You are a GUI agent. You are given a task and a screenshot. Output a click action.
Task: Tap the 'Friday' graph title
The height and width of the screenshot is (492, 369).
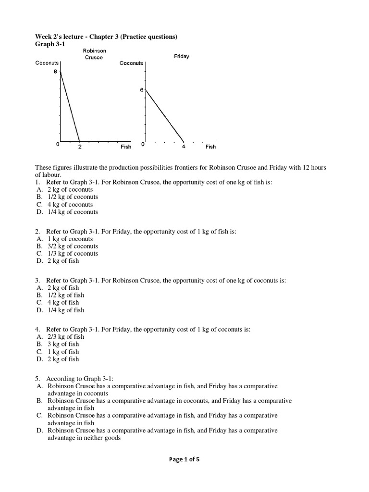tap(181, 56)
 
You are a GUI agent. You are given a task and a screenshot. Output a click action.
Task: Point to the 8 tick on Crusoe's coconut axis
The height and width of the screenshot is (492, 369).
tap(55, 71)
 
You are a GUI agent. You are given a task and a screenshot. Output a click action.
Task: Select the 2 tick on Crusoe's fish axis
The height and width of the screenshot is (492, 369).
tap(79, 147)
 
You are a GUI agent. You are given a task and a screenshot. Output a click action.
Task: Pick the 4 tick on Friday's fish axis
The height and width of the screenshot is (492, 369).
tap(184, 147)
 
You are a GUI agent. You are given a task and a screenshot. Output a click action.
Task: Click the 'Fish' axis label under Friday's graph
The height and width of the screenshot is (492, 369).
tap(210, 147)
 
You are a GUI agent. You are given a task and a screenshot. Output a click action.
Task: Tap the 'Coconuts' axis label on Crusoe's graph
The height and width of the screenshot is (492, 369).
tap(47, 63)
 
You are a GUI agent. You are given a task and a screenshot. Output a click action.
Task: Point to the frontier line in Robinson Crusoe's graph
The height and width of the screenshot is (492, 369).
tap(69, 106)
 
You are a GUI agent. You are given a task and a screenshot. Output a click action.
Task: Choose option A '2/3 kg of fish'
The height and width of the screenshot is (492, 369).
tap(65, 337)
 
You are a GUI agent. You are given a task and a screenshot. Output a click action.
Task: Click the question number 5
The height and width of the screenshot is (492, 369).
tap(38, 379)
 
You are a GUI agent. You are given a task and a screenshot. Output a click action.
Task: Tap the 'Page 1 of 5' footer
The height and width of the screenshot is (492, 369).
tap(184, 459)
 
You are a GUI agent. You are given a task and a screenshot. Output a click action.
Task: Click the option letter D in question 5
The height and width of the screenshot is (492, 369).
tap(40, 430)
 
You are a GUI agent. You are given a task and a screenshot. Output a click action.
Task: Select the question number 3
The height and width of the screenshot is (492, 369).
tap(38, 280)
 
